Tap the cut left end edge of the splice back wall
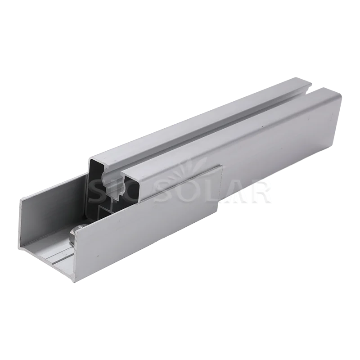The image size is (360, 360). [20, 220]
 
